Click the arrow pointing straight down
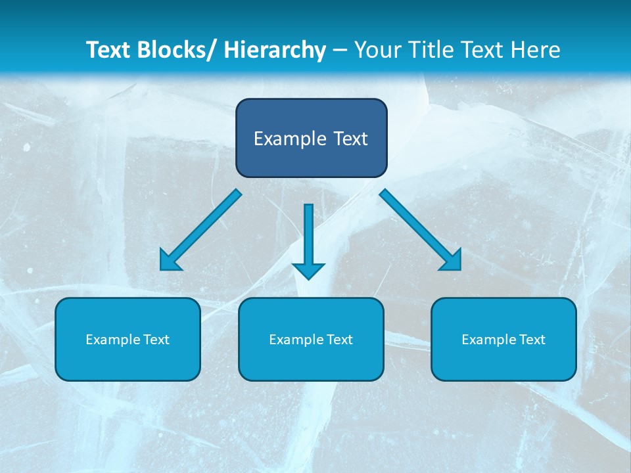[x=308, y=240]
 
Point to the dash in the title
[x=340, y=51]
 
